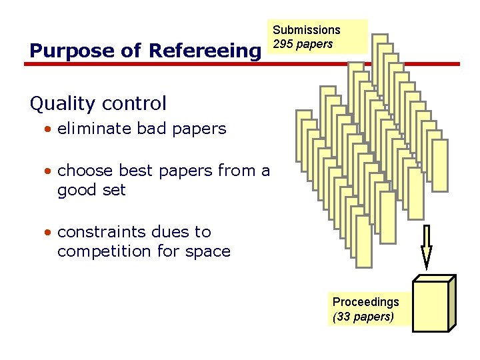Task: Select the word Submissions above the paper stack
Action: [307, 30]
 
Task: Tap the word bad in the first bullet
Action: [151, 129]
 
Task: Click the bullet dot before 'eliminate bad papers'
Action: [49, 129]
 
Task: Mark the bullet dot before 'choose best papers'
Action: [49, 171]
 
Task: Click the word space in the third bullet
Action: [208, 252]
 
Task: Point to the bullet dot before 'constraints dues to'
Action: [49, 233]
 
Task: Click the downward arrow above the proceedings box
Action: [426, 246]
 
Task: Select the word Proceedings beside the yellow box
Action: [365, 302]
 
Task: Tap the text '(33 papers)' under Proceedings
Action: [363, 317]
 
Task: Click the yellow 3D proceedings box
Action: [433, 304]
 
